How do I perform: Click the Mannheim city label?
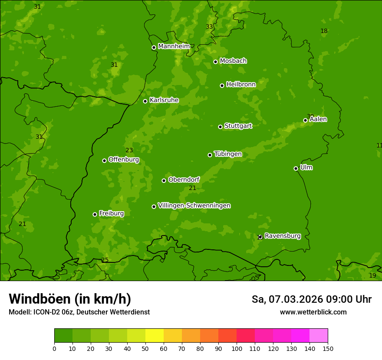[x=174, y=46]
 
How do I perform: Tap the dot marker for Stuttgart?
[x=220, y=127]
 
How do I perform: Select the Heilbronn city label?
[x=241, y=85]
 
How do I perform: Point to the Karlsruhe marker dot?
[x=145, y=101]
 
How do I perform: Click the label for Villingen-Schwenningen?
[x=194, y=206]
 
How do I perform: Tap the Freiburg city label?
[x=111, y=213]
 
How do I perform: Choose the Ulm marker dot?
[x=296, y=168]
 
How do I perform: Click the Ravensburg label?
[x=283, y=236]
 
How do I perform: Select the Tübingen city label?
[x=228, y=154]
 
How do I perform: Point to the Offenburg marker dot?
[x=104, y=160]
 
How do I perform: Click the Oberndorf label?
[x=184, y=180]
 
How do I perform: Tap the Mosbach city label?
[x=233, y=61]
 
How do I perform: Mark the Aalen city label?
[x=318, y=119]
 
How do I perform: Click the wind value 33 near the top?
[x=209, y=27]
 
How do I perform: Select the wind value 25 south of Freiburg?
[x=105, y=260]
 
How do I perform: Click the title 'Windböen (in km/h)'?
[x=70, y=299]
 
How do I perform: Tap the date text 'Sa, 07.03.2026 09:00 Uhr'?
[x=311, y=299]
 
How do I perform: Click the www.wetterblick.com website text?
[x=313, y=312]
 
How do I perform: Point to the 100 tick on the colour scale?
[x=237, y=348]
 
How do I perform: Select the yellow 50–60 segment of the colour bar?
[x=155, y=336]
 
